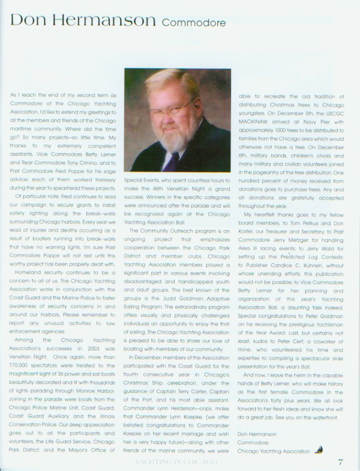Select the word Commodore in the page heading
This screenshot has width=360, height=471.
[x=193, y=22]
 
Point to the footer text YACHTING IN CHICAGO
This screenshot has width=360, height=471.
[x=176, y=462]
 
